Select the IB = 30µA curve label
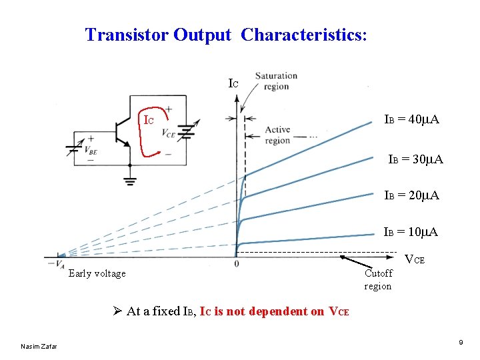pyautogui.click(x=416, y=160)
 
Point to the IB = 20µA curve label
pyautogui.click(x=411, y=195)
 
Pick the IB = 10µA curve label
pyautogui.click(x=411, y=232)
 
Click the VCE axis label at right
pyautogui.click(x=415, y=259)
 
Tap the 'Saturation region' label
pyautogui.click(x=276, y=81)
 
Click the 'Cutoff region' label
pyautogui.click(x=378, y=279)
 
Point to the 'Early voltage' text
pyautogui.click(x=97, y=273)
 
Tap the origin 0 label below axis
pyautogui.click(x=237, y=265)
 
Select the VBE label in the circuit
pyautogui.click(x=89, y=151)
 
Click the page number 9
pyautogui.click(x=461, y=343)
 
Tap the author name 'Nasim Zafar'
pyautogui.click(x=39, y=346)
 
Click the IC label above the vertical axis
pyautogui.click(x=233, y=84)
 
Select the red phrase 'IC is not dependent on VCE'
pyautogui.click(x=273, y=311)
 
